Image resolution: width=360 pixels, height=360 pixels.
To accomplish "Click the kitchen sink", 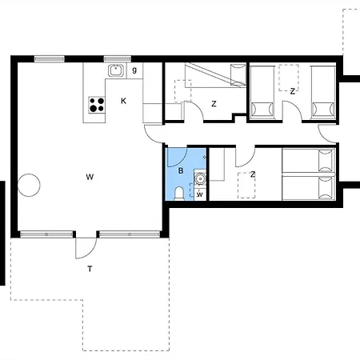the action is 116,70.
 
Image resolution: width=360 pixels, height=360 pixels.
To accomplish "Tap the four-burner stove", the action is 97,105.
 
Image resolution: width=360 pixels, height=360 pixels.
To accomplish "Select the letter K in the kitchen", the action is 123,101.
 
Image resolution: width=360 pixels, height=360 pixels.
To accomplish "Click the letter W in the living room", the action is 90,177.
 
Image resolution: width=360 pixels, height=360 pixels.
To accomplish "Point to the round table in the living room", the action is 29,185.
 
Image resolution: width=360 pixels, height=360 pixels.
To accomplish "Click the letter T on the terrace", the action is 90,269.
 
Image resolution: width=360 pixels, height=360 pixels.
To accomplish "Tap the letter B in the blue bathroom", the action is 181,170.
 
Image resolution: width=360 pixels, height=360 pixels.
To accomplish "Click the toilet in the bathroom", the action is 179,194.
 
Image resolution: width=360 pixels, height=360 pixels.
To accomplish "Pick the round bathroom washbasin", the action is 200,178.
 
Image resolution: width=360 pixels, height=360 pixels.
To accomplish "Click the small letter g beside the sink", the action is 134,70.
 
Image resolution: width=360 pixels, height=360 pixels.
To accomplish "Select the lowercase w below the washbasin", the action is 200,194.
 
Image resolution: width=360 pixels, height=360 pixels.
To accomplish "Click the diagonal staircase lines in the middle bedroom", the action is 215,74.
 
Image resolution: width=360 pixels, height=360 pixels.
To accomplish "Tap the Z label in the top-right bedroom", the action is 293,91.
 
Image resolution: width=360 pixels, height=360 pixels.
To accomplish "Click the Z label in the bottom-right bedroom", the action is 253,174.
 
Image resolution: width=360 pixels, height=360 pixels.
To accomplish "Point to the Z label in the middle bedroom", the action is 214,104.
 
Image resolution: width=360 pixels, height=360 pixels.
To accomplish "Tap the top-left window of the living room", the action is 50,59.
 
